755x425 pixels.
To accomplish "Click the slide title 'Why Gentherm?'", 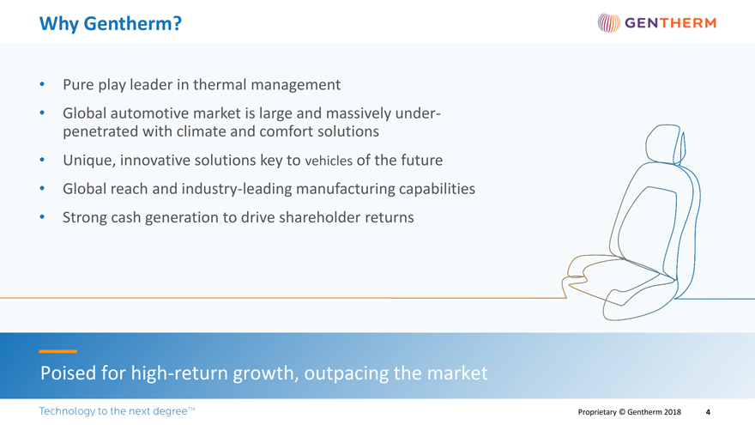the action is click(111, 24).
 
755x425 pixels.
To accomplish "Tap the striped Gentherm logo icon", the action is click(608, 22).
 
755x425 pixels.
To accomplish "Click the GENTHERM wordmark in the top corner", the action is click(670, 22).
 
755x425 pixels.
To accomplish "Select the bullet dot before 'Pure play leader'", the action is click(42, 84).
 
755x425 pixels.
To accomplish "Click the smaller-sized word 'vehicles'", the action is click(329, 161).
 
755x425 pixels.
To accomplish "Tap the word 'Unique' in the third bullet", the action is click(89, 160).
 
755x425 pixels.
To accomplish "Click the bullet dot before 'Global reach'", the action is click(42, 188).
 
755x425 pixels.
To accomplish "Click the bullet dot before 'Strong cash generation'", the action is click(42, 217).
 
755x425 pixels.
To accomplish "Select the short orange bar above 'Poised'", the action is click(57, 351).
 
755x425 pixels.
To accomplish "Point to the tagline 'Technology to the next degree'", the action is click(117, 411).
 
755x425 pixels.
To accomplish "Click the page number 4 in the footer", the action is click(708, 412).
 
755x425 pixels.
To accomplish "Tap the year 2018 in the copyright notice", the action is click(671, 412).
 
